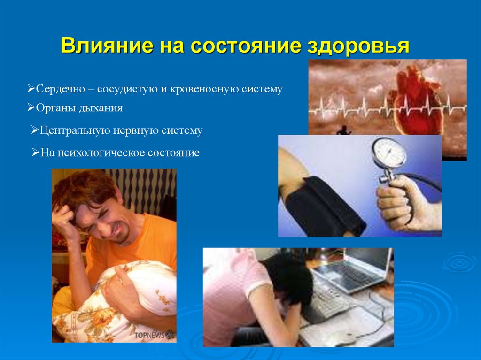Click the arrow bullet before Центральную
coord(35,130)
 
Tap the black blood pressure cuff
coord(319,207)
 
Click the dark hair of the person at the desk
coord(287,282)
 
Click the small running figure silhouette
coord(343,130)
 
